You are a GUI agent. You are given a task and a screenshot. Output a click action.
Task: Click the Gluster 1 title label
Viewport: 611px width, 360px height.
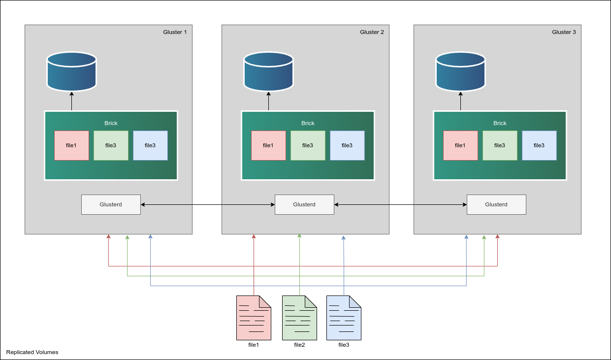tap(175, 32)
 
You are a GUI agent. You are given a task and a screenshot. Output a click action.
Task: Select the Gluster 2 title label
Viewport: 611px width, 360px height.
tap(372, 32)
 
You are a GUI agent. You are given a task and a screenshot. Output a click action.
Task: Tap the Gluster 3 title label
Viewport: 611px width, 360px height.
tap(564, 32)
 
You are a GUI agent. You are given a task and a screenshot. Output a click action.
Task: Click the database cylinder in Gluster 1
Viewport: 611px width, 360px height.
tap(71, 72)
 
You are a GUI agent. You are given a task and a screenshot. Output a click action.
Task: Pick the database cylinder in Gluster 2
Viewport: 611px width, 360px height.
tap(268, 72)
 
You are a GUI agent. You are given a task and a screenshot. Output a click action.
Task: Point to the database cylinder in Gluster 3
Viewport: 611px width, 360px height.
tap(460, 72)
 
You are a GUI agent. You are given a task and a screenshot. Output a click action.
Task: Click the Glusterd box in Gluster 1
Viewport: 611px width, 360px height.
tap(111, 204)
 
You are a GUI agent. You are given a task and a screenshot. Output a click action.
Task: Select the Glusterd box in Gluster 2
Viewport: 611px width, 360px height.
tap(304, 204)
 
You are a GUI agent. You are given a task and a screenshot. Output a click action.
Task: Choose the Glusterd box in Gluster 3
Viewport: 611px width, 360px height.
tap(496, 204)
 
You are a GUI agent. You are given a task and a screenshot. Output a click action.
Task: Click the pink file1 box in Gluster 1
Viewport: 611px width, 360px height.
tap(71, 145)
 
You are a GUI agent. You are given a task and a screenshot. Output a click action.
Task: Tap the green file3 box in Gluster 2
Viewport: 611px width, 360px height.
tap(308, 145)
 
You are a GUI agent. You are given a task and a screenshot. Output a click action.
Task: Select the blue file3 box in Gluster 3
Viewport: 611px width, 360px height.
tap(539, 145)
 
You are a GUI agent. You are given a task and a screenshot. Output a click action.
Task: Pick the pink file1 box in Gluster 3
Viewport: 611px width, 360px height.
tap(460, 145)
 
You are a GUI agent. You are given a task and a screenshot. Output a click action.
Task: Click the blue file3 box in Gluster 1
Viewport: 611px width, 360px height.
tap(150, 145)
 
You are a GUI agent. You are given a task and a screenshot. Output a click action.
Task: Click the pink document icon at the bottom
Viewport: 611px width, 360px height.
tap(254, 318)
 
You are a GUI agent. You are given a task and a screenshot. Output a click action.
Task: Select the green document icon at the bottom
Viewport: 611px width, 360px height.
tap(299, 318)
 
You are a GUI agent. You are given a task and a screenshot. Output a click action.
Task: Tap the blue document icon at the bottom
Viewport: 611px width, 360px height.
tap(344, 318)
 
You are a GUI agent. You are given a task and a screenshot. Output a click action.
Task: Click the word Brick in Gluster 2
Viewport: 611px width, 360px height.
tap(308, 123)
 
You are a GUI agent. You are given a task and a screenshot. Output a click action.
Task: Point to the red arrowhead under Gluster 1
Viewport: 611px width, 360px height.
tap(108, 237)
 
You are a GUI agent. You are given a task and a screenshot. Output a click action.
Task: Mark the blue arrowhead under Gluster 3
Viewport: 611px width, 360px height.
tap(466, 237)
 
